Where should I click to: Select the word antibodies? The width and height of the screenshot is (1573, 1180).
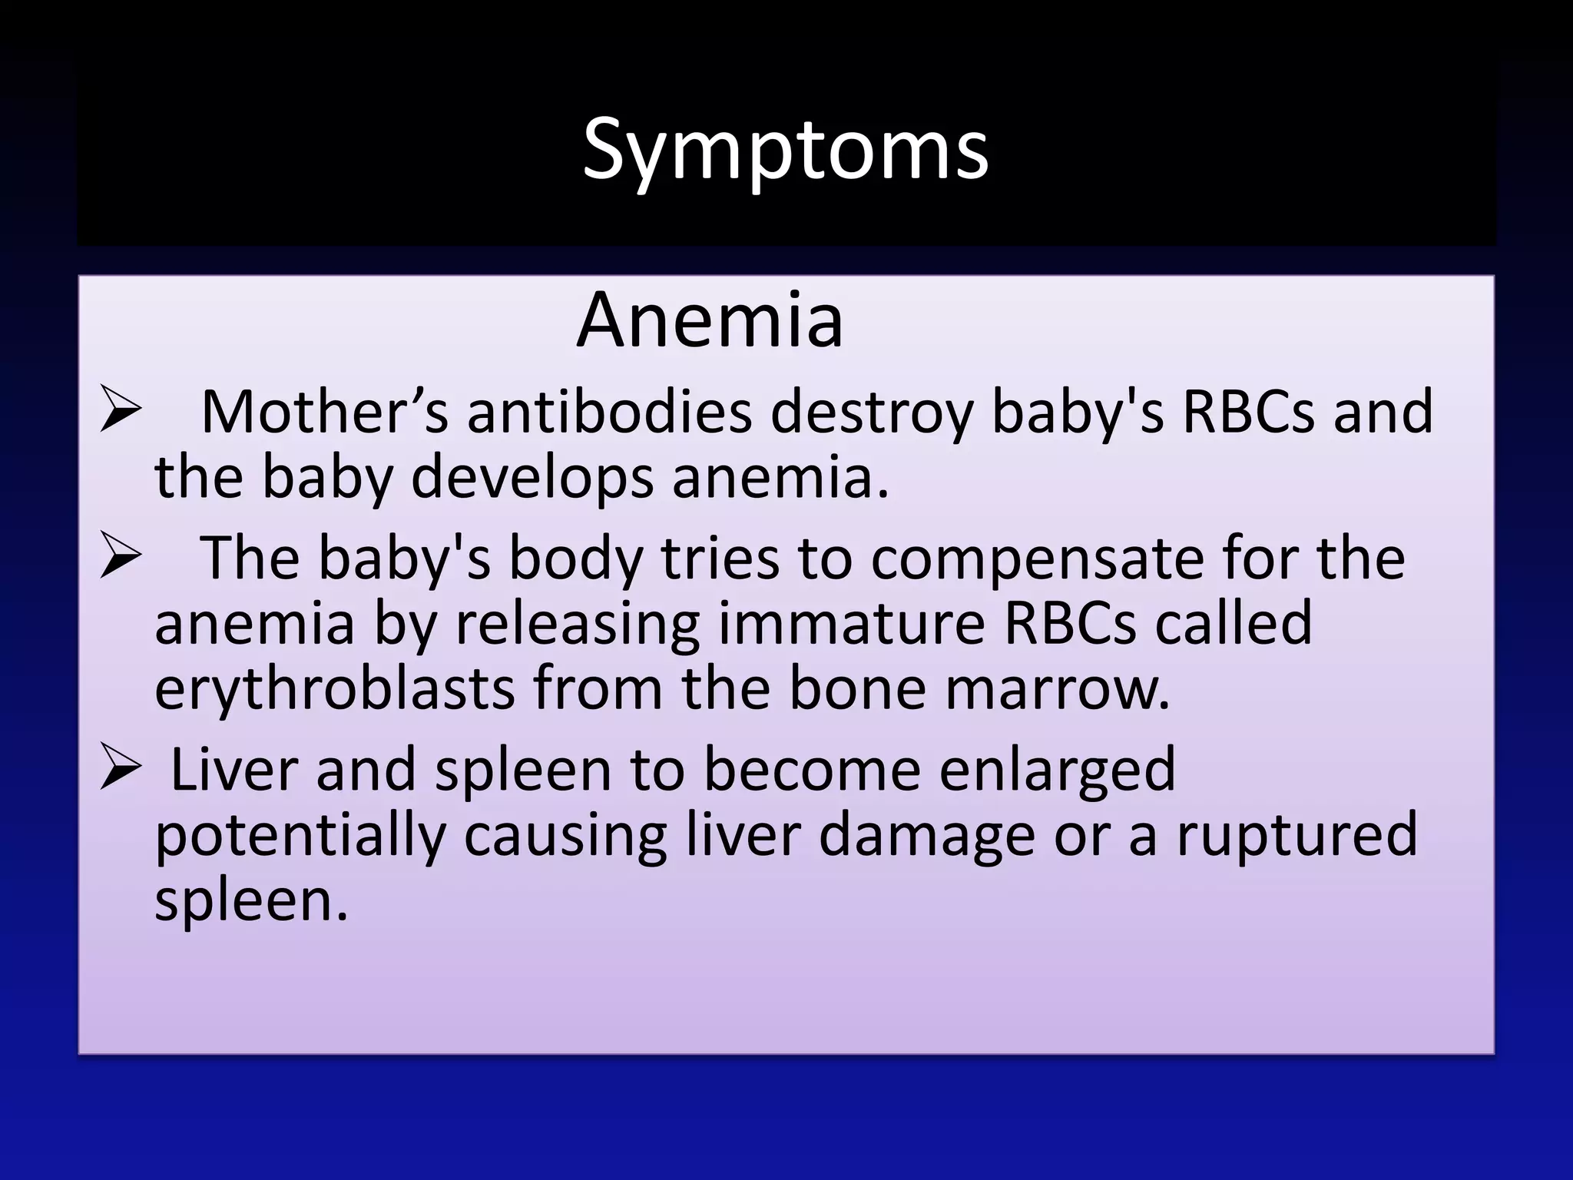tap(609, 413)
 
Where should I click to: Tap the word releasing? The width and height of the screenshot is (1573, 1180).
tap(577, 624)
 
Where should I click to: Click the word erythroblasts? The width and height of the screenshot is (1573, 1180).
tap(334, 689)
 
